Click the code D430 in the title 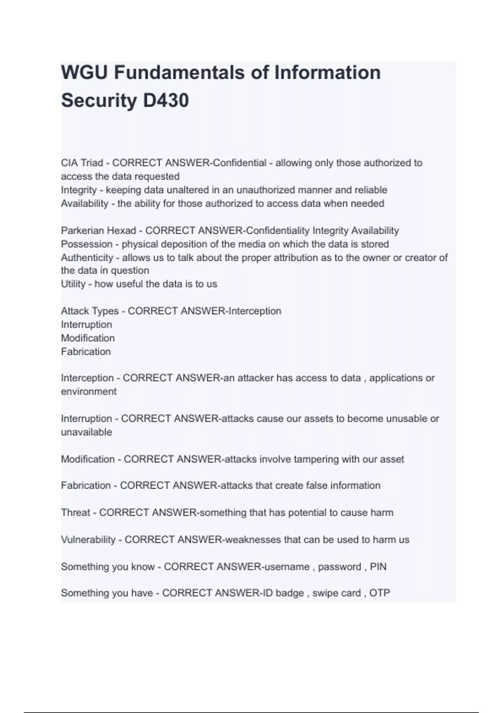click(166, 101)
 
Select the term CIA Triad click(82, 163)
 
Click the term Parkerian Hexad click(99, 231)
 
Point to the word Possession click(87, 244)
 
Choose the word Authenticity click(87, 258)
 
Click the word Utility click(73, 284)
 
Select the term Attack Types click(90, 311)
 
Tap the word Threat click(75, 513)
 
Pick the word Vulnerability click(88, 540)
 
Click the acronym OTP click(379, 593)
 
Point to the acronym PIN click(378, 567)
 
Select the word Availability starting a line click(85, 203)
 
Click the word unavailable click(86, 432)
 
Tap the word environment click(88, 391)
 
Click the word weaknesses click(253, 540)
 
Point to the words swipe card click(336, 593)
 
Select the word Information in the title click(327, 73)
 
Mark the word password click(339, 567)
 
